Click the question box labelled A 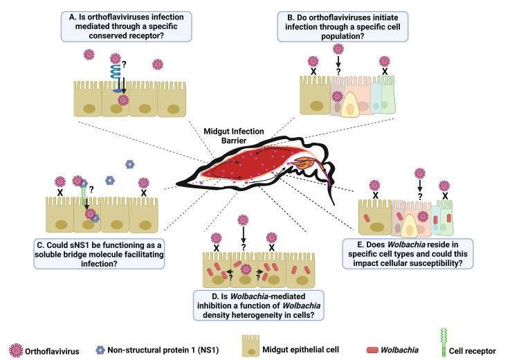127,26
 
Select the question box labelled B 342,26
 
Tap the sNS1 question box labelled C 99,254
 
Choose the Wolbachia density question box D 259,305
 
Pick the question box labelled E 408,254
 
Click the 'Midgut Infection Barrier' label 234,136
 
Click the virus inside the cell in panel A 123,100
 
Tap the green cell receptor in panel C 84,195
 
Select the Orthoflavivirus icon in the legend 16,350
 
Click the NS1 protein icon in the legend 100,350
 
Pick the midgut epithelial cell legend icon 250,345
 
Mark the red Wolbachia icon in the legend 372,350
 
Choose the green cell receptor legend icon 443,343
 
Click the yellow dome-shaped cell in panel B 350,105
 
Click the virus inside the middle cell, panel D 246,269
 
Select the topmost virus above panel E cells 420,174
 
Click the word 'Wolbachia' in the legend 400,350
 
